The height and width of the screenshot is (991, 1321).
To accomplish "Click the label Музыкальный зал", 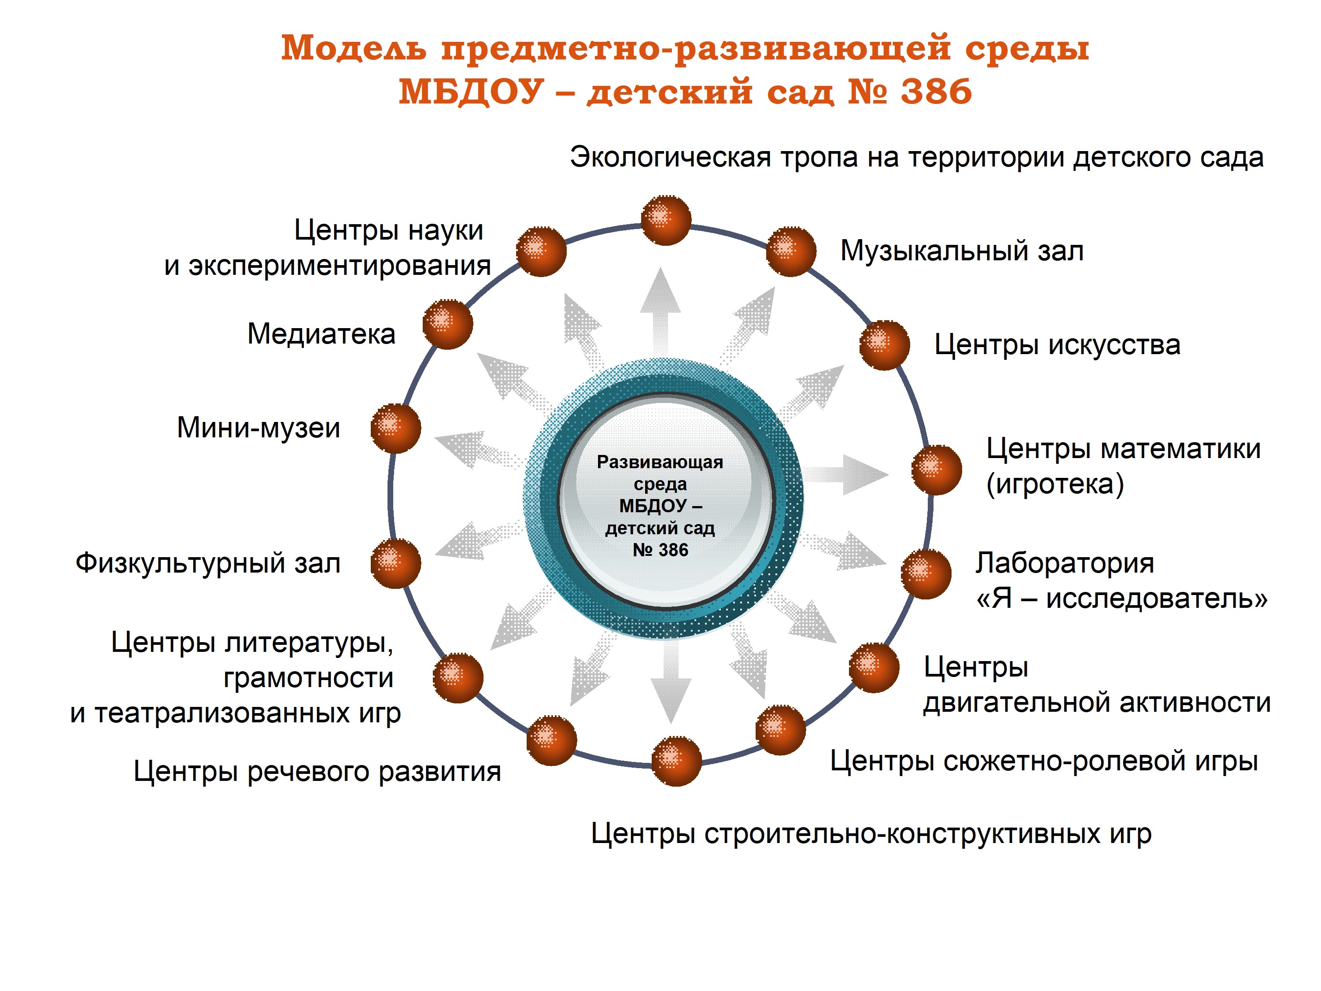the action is (962, 251).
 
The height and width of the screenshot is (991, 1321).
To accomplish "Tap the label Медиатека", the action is (321, 334).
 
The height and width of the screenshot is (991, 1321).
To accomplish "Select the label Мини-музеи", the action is (258, 428).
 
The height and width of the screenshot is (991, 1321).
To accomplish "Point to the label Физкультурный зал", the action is (208, 563).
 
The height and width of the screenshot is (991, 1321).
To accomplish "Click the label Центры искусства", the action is (1057, 345).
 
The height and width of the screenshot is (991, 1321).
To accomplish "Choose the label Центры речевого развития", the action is (317, 771).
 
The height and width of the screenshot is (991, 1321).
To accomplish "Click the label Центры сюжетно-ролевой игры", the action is (1044, 762).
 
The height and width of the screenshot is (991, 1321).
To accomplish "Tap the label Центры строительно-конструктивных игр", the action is (871, 834).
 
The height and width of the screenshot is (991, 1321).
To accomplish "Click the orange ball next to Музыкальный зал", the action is (791, 251).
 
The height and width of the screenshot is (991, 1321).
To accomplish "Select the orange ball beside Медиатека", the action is (447, 324).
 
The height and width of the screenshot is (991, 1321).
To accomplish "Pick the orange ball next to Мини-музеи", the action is (395, 428).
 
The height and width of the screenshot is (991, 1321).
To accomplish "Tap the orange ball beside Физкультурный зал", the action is (395, 563).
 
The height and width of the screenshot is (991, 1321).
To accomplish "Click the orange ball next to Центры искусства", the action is (885, 345).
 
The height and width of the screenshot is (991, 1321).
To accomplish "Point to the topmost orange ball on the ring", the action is (666, 220).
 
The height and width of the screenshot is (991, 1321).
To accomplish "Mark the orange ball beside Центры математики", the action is (937, 470).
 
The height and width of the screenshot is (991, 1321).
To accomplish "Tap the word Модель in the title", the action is (354, 48).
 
